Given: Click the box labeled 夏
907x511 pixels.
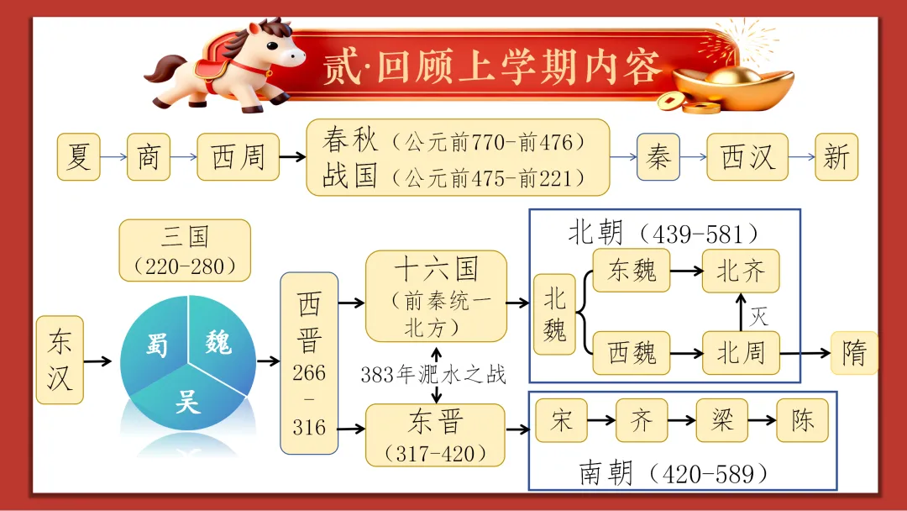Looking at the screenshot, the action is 78,156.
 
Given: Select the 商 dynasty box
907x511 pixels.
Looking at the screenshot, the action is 148,156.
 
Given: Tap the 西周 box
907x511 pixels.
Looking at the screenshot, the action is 238,156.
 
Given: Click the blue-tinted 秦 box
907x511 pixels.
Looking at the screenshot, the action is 658,156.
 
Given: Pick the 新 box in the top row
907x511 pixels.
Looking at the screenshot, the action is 836,156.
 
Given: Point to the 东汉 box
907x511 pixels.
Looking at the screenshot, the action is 60,360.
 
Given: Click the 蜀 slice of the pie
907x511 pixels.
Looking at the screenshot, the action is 157,343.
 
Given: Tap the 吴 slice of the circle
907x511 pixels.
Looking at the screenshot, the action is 186,400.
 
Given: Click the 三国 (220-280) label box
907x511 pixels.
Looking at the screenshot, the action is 185,250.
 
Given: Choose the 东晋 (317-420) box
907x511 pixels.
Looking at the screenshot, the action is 435,435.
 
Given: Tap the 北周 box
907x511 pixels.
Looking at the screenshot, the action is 741,352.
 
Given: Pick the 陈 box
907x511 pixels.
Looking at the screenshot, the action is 802,420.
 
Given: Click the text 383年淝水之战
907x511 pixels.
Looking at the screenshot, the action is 433,375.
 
